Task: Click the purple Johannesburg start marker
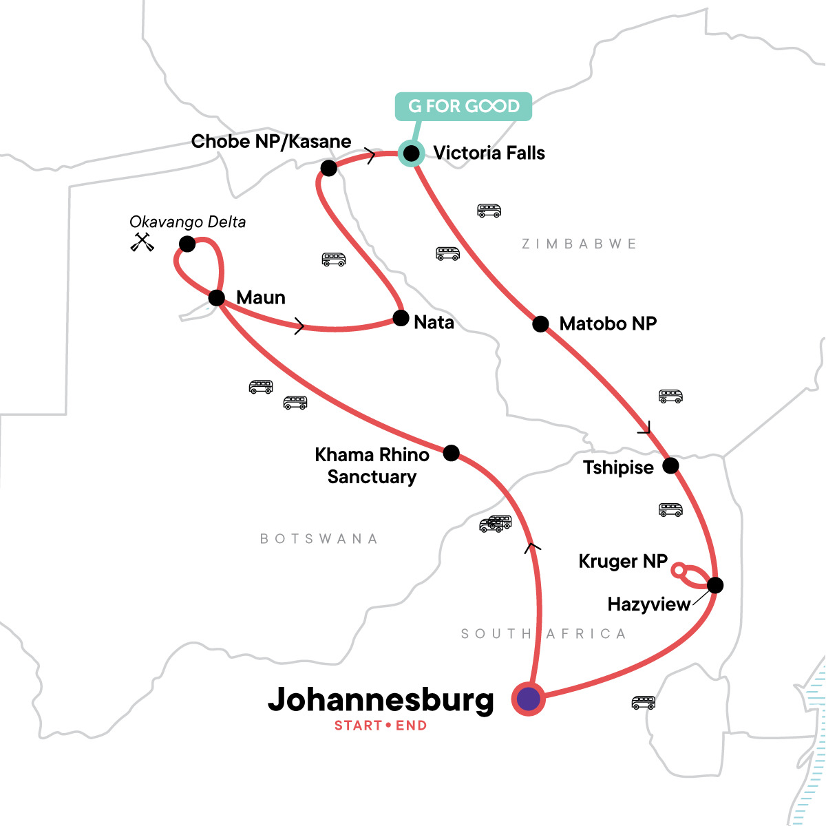(528, 699)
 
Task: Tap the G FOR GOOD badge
(463, 107)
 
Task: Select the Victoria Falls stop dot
(411, 153)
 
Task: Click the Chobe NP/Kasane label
(271, 142)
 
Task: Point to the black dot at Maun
(216, 298)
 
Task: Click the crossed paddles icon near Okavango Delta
(142, 242)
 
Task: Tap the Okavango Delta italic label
(187, 222)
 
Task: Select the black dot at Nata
(401, 318)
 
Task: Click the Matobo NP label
(608, 324)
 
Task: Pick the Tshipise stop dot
(670, 466)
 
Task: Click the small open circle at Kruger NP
(678, 570)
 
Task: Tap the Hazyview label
(648, 604)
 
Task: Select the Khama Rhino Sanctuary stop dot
(451, 453)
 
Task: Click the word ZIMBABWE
(579, 244)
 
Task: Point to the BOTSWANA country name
(319, 539)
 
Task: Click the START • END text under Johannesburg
(381, 726)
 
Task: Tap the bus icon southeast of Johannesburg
(643, 703)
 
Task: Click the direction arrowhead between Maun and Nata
(299, 326)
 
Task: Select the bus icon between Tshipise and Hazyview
(670, 510)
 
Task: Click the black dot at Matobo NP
(541, 324)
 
